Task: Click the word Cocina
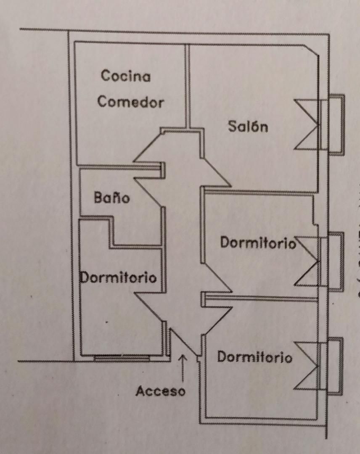coord(126,76)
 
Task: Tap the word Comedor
coord(130,102)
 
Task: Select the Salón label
coord(248,126)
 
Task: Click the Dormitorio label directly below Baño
coord(119,277)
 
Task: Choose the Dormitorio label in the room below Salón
coord(258,243)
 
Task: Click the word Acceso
coord(160,391)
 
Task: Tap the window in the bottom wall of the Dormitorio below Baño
coord(122,358)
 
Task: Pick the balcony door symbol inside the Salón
coord(307,124)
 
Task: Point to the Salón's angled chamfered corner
coord(312,50)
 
